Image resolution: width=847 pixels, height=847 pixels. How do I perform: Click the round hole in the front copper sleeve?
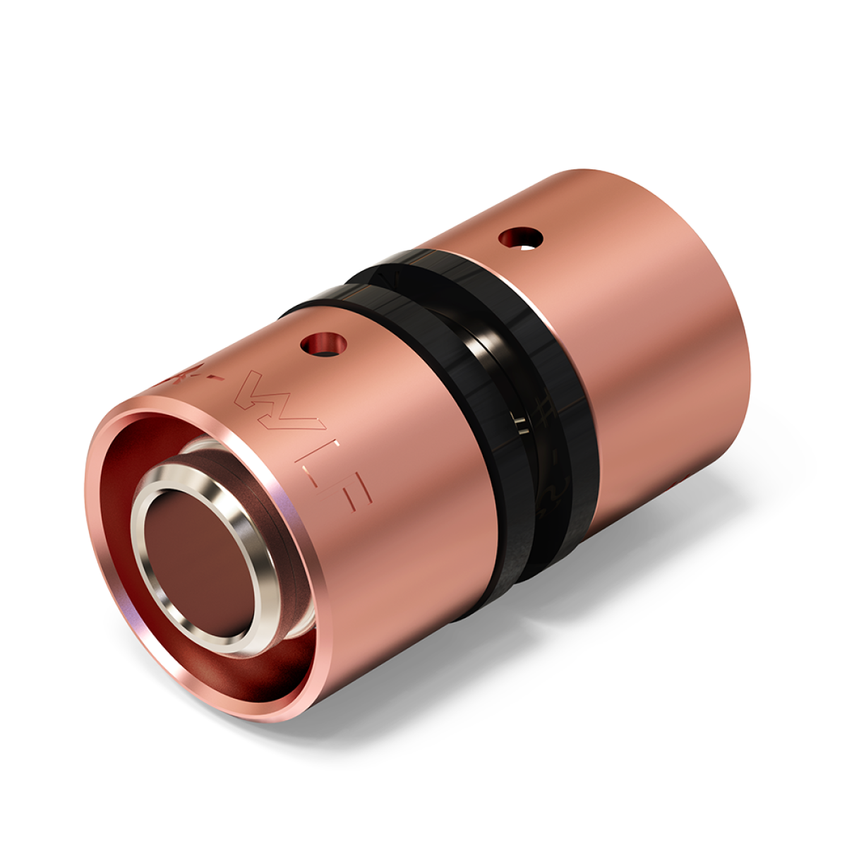pos(324,344)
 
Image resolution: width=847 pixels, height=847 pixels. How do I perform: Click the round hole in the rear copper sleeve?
pos(522,238)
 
